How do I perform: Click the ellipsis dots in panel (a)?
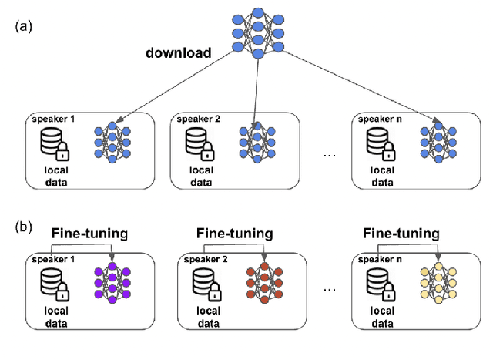pyautogui.click(x=328, y=155)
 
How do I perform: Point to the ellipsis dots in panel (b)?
pyautogui.click(x=328, y=291)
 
